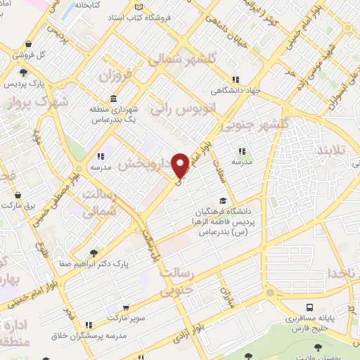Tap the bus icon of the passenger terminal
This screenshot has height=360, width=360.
(310, 308)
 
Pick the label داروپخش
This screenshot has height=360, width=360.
(145, 164)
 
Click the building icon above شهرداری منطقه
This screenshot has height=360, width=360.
(114, 99)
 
